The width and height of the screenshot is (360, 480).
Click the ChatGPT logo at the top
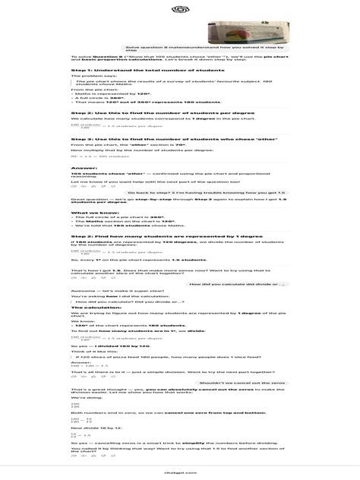point(180,11)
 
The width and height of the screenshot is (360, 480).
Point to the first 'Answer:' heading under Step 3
point(84,167)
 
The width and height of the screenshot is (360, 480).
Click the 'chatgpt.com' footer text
point(180,472)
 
